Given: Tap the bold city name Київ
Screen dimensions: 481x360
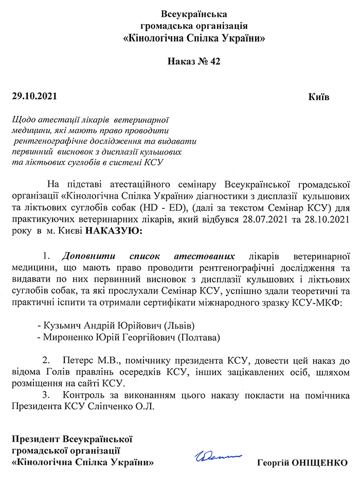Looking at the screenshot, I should (319, 97).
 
